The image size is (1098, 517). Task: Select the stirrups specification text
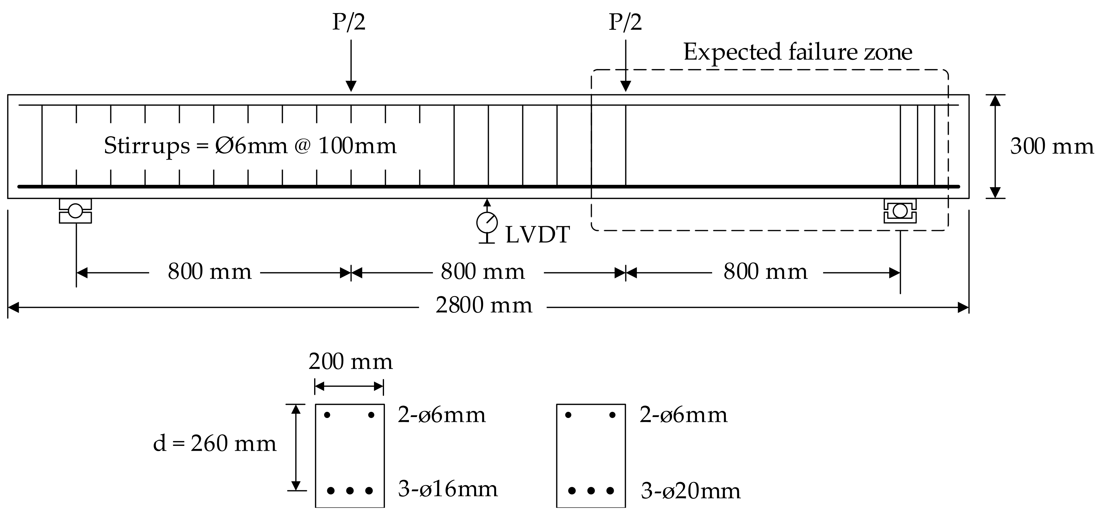pyautogui.click(x=250, y=146)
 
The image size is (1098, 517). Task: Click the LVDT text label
pyautogui.click(x=537, y=235)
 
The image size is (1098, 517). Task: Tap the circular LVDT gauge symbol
pyautogui.click(x=487, y=222)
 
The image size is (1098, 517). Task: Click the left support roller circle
pyautogui.click(x=75, y=211)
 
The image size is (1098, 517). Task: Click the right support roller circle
pyautogui.click(x=900, y=211)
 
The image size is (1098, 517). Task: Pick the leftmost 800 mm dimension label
pyautogui.click(x=210, y=272)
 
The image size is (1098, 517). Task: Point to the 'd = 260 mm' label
pyautogui.click(x=215, y=444)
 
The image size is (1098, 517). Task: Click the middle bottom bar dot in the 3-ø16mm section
pyautogui.click(x=350, y=491)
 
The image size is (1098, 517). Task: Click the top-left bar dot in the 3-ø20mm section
pyautogui.click(x=568, y=415)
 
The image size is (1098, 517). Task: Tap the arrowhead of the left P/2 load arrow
pyautogui.click(x=351, y=86)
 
